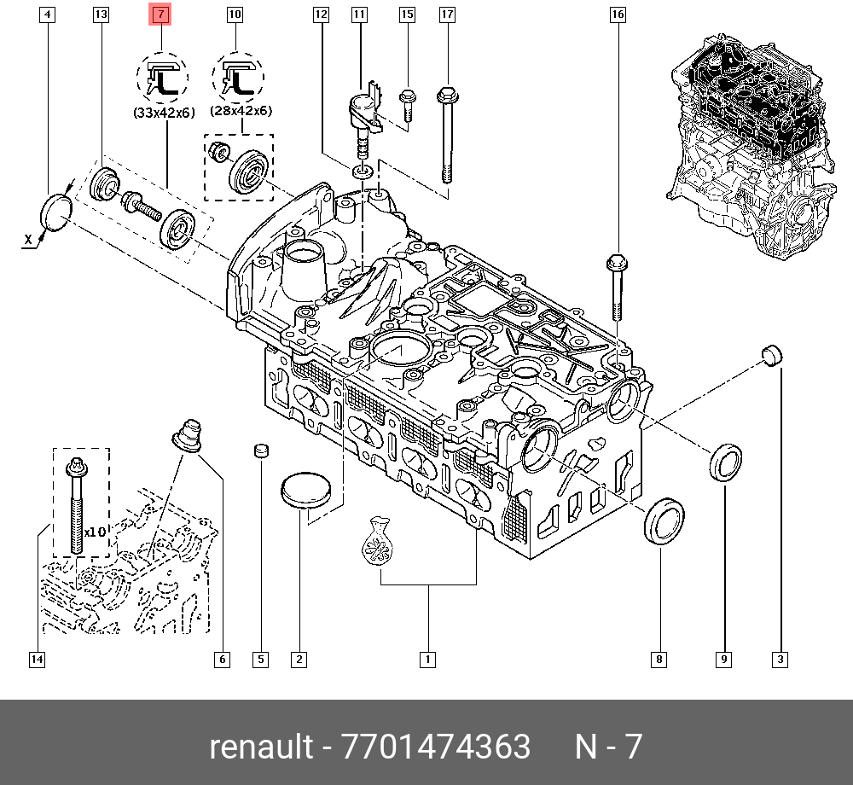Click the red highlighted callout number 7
pos(160,15)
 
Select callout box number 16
pos(618,15)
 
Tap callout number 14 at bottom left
pos(36,659)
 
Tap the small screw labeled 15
pos(408,104)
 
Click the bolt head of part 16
pos(617,261)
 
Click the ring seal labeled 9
pos(726,462)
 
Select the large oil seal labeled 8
pos(664,520)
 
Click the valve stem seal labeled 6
pos(188,432)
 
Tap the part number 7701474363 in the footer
pos(435,747)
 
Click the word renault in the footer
pos(261,747)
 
